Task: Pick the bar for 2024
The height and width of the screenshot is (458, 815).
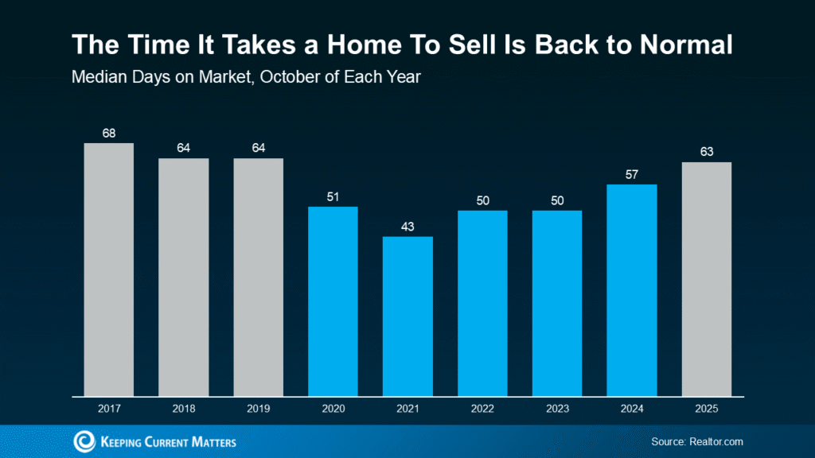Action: point(631,289)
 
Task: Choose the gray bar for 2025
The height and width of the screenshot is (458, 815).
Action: point(706,278)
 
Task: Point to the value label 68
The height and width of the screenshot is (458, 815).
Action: point(109,133)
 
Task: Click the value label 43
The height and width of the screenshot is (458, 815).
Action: point(407,226)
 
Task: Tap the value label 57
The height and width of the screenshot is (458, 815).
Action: point(631,174)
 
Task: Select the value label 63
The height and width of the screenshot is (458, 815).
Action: point(706,152)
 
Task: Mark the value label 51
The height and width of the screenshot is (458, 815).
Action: point(333,196)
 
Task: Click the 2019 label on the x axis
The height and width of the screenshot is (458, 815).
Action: point(258,409)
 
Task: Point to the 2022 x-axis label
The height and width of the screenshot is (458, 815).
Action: point(482,409)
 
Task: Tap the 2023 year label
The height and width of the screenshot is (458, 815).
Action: point(556,409)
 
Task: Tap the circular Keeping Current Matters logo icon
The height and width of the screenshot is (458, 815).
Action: point(84,441)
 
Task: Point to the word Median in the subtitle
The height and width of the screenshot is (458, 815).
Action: point(95,78)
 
